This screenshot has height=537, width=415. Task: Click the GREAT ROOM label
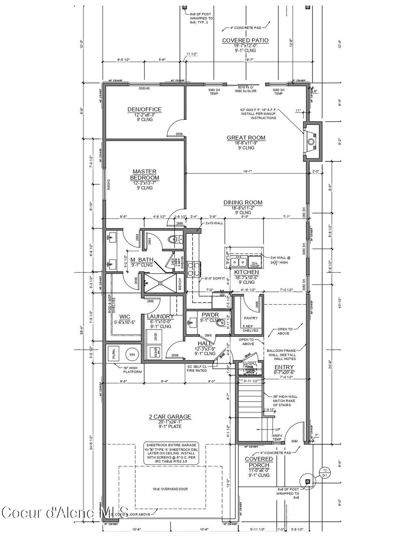pos(246,138)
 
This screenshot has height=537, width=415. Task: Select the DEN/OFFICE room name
pos(144,109)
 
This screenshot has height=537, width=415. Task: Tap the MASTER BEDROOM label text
pos(145,175)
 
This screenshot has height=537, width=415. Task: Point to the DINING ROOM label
pos(243,203)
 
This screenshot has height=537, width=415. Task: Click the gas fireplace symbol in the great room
pos(311,142)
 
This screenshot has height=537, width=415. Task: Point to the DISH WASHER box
pos(254,263)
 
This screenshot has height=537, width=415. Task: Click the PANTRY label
pos(250,318)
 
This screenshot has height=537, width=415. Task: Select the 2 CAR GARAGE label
pos(170,417)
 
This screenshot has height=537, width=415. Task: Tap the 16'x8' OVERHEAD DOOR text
pos(170,489)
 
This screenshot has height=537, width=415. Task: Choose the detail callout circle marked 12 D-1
pos(324,473)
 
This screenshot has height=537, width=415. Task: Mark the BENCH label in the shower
pos(180,286)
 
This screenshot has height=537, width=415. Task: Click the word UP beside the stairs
pos(277,430)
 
